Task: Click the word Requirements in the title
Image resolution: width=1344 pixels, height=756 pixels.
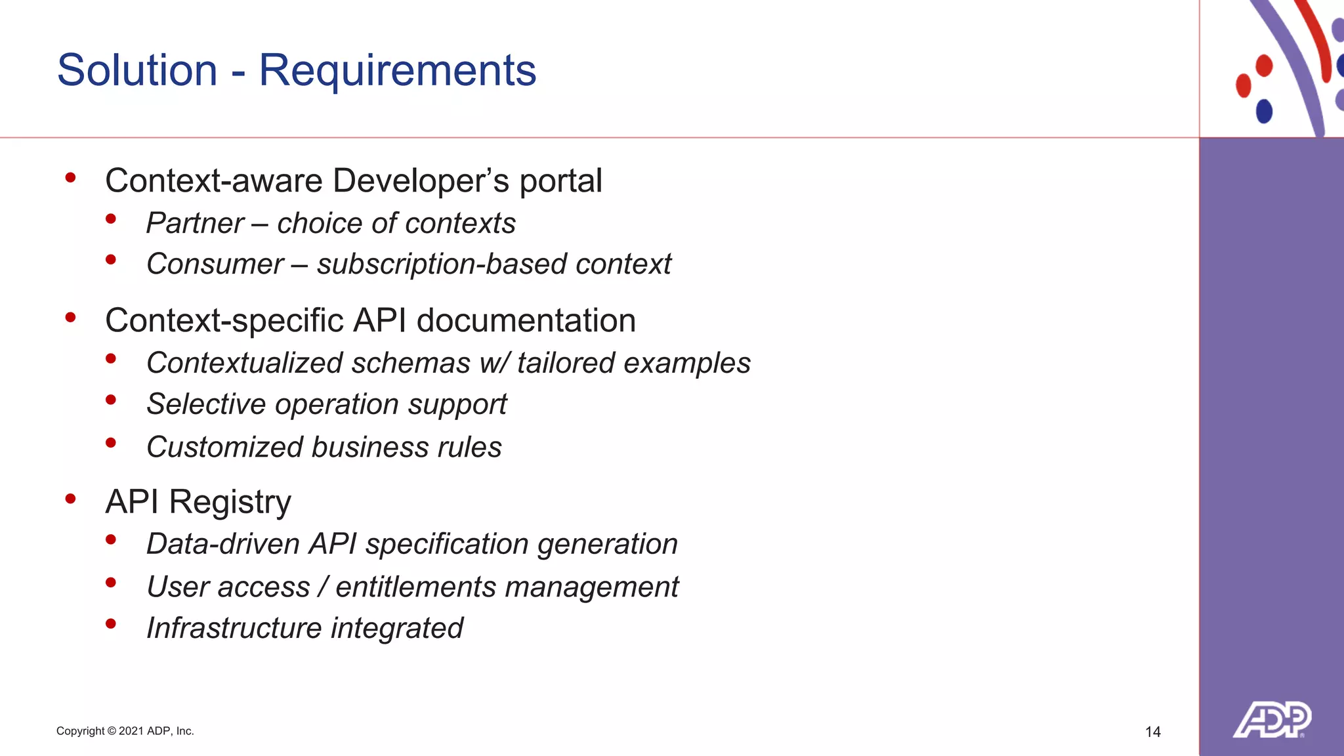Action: click(x=397, y=70)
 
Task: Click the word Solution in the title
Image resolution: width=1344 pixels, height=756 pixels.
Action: click(x=137, y=70)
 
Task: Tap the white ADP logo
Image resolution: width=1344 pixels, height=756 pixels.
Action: click(x=1272, y=720)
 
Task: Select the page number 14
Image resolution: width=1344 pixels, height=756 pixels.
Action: click(x=1152, y=732)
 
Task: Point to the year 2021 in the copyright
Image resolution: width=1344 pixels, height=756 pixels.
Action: click(x=131, y=731)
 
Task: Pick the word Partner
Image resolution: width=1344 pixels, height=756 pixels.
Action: click(x=195, y=224)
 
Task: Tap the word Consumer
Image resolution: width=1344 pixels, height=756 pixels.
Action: click(x=215, y=264)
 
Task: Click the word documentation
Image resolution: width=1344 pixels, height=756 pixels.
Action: click(x=526, y=321)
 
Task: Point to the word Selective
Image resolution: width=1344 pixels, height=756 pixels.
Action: click(x=206, y=404)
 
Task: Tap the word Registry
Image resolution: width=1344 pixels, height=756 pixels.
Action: click(x=230, y=503)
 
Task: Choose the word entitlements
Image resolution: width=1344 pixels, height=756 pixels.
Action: click(x=415, y=587)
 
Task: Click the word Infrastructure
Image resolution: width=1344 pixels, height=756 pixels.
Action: click(x=234, y=628)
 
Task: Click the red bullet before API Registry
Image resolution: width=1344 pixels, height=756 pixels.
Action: click(x=71, y=499)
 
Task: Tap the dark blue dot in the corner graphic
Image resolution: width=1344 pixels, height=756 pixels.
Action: click(x=1264, y=111)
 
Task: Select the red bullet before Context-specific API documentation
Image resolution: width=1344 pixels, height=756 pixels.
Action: click(x=71, y=318)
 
